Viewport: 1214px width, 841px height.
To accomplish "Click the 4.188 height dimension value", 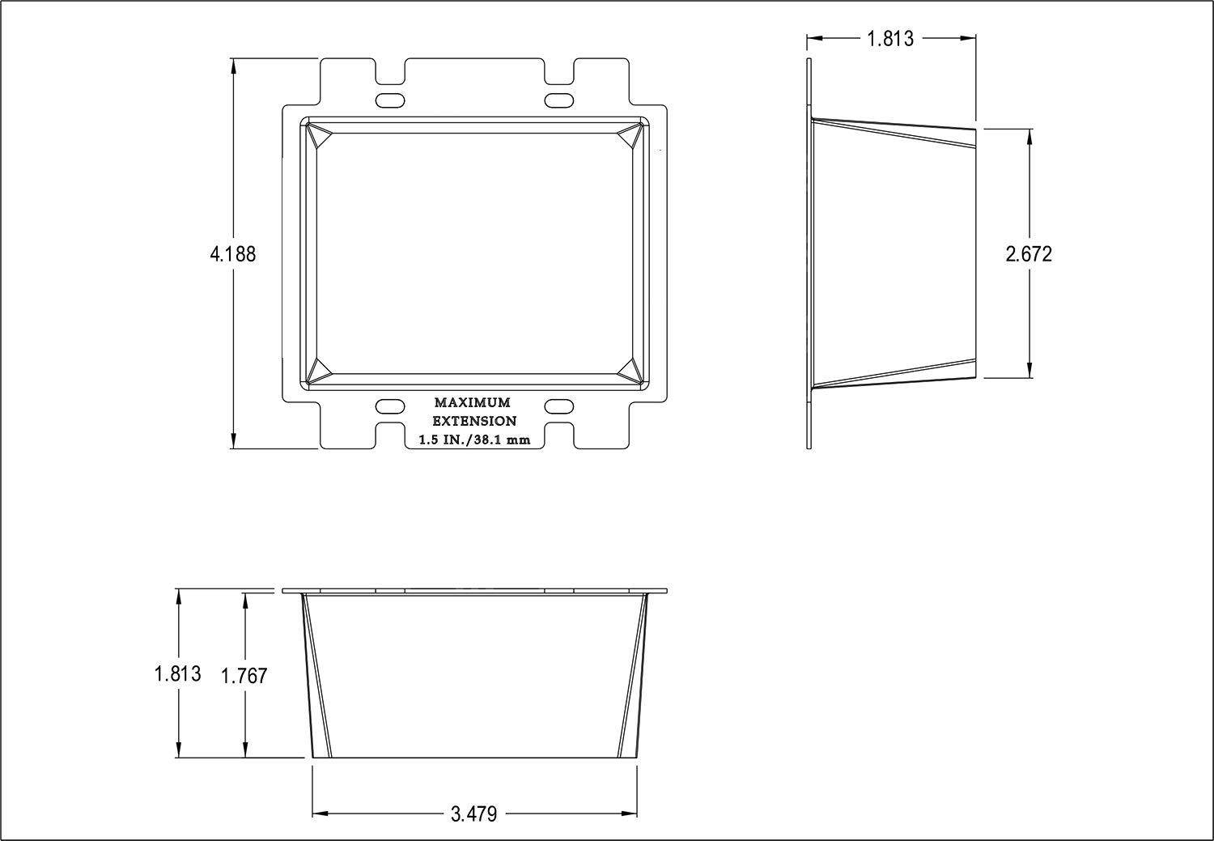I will pos(233,254).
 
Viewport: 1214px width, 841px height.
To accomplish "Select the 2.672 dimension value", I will pos(1029,254).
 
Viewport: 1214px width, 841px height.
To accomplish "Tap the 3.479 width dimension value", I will pos(473,813).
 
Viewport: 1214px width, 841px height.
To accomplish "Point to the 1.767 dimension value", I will pos(244,676).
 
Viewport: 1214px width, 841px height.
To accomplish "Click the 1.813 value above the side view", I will pos(890,38).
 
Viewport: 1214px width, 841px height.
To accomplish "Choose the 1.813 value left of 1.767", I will pos(178,673).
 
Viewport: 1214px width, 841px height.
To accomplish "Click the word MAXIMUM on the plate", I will pos(473,402).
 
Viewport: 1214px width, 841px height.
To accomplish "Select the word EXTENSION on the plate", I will pos(473,421).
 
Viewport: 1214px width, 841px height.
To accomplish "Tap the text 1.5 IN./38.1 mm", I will pos(474,440).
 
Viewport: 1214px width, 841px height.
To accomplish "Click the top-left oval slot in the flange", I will pos(390,100).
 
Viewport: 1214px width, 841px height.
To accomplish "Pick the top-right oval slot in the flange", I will pos(558,100).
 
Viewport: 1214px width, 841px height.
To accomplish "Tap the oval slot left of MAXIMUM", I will pos(390,406).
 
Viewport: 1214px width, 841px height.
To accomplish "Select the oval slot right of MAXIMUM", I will pos(558,406).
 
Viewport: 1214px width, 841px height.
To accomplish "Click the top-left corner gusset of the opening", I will pos(319,136).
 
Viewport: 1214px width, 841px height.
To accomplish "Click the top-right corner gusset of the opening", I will pos(630,136).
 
